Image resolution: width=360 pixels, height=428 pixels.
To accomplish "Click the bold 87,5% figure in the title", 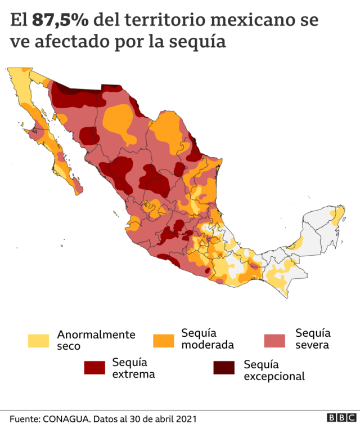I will point(61,21).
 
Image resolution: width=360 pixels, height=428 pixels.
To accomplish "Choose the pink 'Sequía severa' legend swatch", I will point(276,340).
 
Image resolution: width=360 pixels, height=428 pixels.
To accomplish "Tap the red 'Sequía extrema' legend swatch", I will point(95,368).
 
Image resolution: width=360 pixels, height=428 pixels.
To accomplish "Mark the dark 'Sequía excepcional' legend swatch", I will point(224,368).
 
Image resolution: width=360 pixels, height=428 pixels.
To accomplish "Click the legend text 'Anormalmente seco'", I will point(96,340).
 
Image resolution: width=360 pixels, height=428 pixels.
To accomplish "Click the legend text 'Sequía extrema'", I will point(133,367).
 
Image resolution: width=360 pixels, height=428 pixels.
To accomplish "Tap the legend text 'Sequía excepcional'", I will point(274,370).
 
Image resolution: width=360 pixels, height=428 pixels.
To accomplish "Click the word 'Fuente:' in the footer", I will point(23,419).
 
